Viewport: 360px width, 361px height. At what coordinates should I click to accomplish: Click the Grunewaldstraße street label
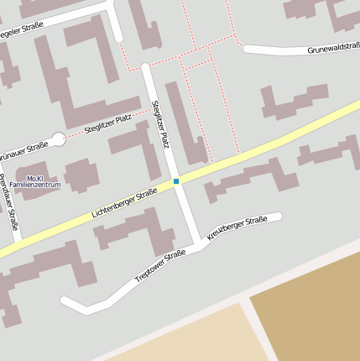333,50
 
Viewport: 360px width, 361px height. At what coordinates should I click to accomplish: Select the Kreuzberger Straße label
237,228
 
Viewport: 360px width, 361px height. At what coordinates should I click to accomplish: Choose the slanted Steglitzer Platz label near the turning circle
108,124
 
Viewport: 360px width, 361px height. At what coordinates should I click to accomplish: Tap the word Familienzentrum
35,186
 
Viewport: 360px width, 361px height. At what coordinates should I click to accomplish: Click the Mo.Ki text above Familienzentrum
35,178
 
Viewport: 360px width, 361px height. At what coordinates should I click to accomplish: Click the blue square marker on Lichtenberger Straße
176,181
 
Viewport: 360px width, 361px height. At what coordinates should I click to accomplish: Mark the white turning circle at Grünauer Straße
59,139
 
